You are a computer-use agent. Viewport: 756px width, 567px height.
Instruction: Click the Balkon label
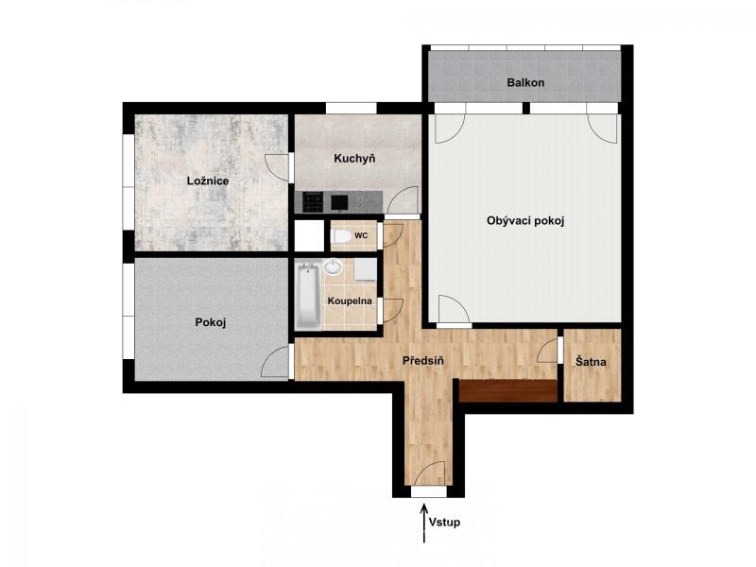[x=525, y=82]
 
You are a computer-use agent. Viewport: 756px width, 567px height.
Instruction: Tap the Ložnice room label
[x=208, y=181]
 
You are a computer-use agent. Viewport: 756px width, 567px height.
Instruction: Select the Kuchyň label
[x=354, y=159]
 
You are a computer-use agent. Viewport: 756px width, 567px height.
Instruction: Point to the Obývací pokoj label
[x=525, y=221]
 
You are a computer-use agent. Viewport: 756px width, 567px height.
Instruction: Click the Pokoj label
[x=211, y=322]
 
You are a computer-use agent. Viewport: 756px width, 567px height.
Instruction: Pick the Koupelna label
[x=350, y=301]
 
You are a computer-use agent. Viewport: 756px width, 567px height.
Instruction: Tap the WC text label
[x=361, y=235]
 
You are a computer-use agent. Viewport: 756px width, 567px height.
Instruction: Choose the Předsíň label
[x=422, y=360]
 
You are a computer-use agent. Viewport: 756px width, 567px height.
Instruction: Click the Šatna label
[x=591, y=362]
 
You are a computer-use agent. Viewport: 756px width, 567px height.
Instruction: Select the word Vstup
[x=444, y=523]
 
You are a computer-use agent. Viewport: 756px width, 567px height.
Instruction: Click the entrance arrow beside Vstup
[x=424, y=524]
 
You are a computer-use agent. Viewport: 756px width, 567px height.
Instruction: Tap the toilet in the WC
[x=341, y=236]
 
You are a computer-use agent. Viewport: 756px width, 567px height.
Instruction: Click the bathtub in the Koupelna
[x=309, y=295]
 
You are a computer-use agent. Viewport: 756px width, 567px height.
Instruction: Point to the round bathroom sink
[x=333, y=266]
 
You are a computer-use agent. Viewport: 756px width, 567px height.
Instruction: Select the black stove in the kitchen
[x=313, y=202]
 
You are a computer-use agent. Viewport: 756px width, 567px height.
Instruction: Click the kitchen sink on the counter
[x=339, y=202]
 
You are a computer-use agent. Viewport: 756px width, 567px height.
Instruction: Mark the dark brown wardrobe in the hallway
[x=508, y=390]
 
